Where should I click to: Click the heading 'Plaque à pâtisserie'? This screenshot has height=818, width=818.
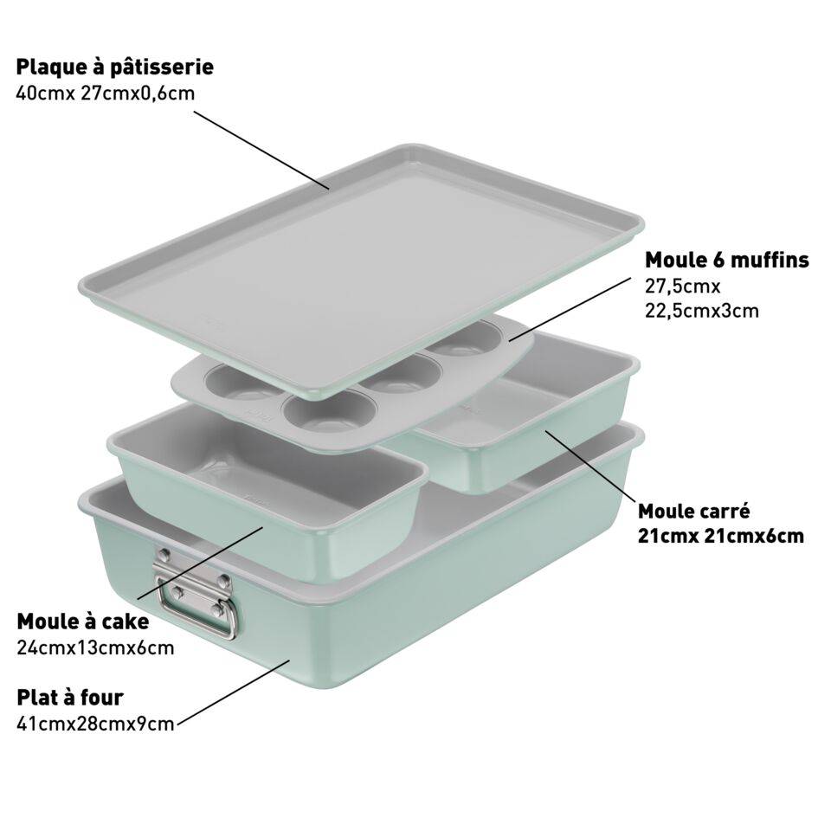pyautogui.click(x=115, y=68)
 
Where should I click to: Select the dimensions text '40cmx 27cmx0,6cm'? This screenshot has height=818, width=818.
pyautogui.click(x=106, y=93)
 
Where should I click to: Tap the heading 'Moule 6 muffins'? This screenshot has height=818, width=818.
pyautogui.click(x=727, y=260)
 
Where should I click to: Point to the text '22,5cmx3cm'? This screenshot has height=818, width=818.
pyautogui.click(x=702, y=311)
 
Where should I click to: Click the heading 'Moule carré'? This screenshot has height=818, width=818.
pyautogui.click(x=693, y=512)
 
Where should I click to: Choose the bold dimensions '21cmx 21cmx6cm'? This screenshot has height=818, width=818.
pyautogui.click(x=720, y=537)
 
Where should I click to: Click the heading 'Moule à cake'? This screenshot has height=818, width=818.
pyautogui.click(x=83, y=622)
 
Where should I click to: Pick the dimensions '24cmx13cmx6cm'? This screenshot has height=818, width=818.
pyautogui.click(x=95, y=648)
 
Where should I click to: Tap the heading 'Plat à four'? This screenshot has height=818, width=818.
pyautogui.click(x=70, y=698)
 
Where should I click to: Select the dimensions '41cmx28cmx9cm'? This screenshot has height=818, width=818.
pyautogui.click(x=95, y=725)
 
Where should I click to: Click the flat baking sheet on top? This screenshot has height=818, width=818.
pyautogui.click(x=360, y=266)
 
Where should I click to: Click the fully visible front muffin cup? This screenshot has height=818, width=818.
pyautogui.click(x=330, y=412)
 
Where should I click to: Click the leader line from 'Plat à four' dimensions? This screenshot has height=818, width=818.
pyautogui.click(x=233, y=692)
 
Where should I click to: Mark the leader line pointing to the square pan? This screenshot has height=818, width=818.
pyautogui.click(x=590, y=467)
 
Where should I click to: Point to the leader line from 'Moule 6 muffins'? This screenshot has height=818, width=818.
pyautogui.click(x=570, y=309)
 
